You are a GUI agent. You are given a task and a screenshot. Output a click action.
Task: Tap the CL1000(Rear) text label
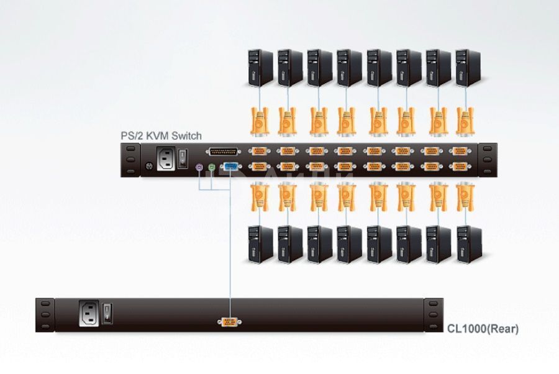(483, 329)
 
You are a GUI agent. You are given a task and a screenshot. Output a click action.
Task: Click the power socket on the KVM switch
(166, 158)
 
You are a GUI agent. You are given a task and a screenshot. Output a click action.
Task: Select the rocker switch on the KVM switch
(184, 158)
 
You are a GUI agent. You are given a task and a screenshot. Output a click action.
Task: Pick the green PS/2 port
(211, 167)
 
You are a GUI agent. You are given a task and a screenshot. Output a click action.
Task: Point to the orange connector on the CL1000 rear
(230, 321)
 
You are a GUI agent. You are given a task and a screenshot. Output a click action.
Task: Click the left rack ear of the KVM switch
(130, 160)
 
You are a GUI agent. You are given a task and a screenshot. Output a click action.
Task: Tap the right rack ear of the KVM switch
(488, 160)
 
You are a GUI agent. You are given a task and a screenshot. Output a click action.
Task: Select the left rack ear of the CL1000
(43, 315)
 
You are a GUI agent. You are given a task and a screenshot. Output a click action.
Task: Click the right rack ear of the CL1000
(434, 315)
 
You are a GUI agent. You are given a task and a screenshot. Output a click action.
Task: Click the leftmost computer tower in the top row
(260, 67)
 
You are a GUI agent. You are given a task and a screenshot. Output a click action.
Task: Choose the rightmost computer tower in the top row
(469, 67)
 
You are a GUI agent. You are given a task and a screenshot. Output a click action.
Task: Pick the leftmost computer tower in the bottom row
(260, 244)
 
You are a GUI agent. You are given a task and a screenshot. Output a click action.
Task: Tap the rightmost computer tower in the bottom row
(469, 244)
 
